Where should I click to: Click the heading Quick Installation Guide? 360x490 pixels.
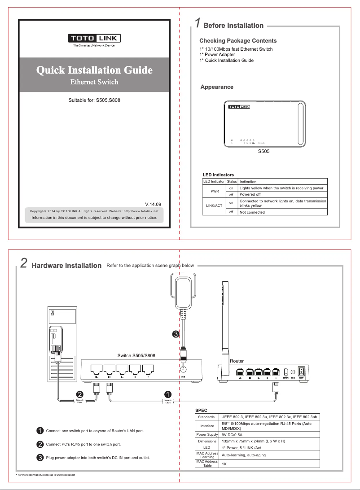[x=94, y=70]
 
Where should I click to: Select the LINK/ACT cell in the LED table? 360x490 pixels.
[x=214, y=205]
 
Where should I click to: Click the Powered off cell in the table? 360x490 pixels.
[x=250, y=195]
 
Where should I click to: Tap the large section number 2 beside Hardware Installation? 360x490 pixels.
[x=24, y=263]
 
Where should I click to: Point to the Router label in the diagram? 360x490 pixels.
[x=237, y=361]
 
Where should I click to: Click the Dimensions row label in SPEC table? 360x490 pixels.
[x=207, y=441]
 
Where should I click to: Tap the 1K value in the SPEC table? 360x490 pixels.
[x=224, y=464]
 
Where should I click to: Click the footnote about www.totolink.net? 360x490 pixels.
[x=45, y=474]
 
